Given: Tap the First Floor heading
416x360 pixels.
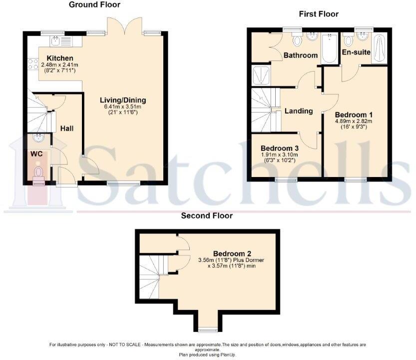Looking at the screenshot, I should [319, 14].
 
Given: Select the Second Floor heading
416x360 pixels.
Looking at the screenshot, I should [207, 216].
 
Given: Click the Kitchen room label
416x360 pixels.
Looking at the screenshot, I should [60, 58].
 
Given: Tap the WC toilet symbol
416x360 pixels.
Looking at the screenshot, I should [38, 173].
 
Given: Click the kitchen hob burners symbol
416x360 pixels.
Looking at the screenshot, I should [33, 64].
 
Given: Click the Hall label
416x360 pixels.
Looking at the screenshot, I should [67, 128].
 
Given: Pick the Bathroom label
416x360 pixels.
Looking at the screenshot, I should [301, 55].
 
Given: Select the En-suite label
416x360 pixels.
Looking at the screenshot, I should [355, 52].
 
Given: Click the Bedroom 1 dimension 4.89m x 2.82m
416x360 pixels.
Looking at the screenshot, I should [354, 120].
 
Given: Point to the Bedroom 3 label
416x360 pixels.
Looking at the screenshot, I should [280, 148].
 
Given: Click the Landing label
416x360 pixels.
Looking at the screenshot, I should [299, 111].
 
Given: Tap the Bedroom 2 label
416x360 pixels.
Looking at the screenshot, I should [231, 252].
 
